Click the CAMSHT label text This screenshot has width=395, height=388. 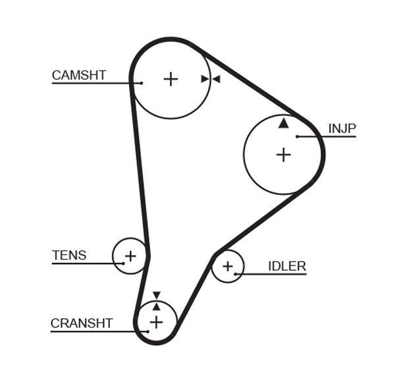coord(78,75)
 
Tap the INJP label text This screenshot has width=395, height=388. coord(342,128)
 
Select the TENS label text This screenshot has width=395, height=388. coord(69,255)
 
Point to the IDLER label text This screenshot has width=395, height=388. coord(286,266)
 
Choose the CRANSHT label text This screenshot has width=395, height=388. coord(82,323)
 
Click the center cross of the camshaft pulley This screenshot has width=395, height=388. coord(171,79)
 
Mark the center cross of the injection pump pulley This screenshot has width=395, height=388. coord(283,155)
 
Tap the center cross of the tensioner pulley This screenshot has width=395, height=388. coord(130,256)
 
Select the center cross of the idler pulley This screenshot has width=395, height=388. coord(228,266)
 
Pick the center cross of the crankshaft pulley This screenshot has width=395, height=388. coord(156,321)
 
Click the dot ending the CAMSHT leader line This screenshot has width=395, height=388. coord(141,83)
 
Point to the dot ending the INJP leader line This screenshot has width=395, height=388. coord(298,136)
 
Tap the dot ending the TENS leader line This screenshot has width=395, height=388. coord(122,263)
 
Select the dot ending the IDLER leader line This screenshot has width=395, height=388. coord(236,273)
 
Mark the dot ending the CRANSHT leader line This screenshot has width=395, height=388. coord(148,331)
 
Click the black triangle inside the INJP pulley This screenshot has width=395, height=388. coord(283,123)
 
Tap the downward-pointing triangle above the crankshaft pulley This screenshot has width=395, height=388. coord(156,296)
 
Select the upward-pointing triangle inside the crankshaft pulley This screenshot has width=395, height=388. coord(156,306)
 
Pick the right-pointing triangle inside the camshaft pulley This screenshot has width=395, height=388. coord(205,79)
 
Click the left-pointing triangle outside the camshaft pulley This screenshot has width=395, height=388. coord(215,79)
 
